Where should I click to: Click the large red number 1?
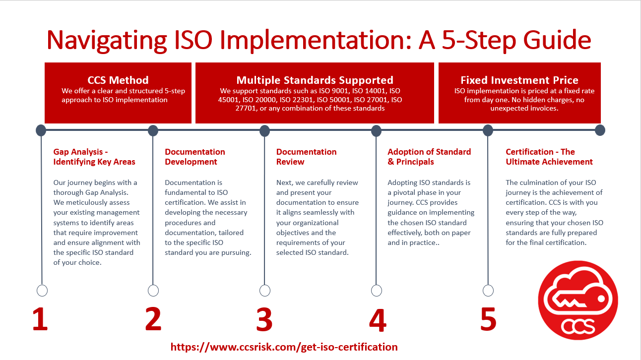40,319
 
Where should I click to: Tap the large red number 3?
264,319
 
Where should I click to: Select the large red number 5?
488,319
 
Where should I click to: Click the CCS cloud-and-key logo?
578,300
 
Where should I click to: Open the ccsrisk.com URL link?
284,347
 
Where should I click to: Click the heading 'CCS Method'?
118,80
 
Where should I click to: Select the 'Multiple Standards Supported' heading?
315,80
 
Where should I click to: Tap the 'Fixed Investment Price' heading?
519,80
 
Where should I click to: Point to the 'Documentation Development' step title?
195,157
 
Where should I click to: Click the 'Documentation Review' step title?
306,157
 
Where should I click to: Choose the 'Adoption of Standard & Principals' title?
429,157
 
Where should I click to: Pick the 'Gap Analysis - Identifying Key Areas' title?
94,157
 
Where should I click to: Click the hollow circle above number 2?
153,291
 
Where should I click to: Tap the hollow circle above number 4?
376,291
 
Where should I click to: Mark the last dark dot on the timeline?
600,130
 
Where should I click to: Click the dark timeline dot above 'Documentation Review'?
265,130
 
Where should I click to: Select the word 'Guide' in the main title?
557,40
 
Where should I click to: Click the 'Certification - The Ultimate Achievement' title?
549,157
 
